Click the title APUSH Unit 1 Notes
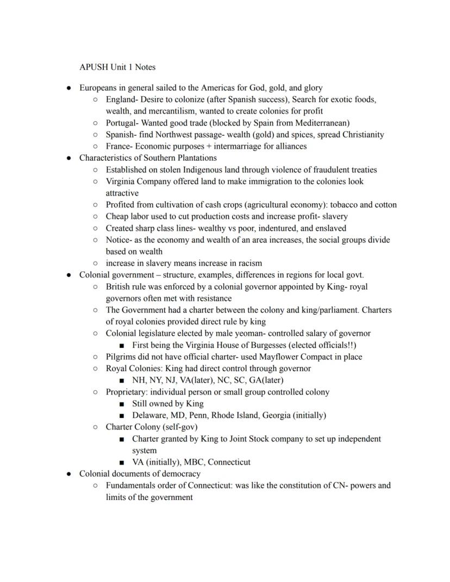pos(117,67)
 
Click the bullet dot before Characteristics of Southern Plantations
pos(68,158)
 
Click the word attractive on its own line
pos(122,193)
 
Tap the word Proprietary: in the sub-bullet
pos(127,392)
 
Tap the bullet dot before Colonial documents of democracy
pos(68,474)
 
